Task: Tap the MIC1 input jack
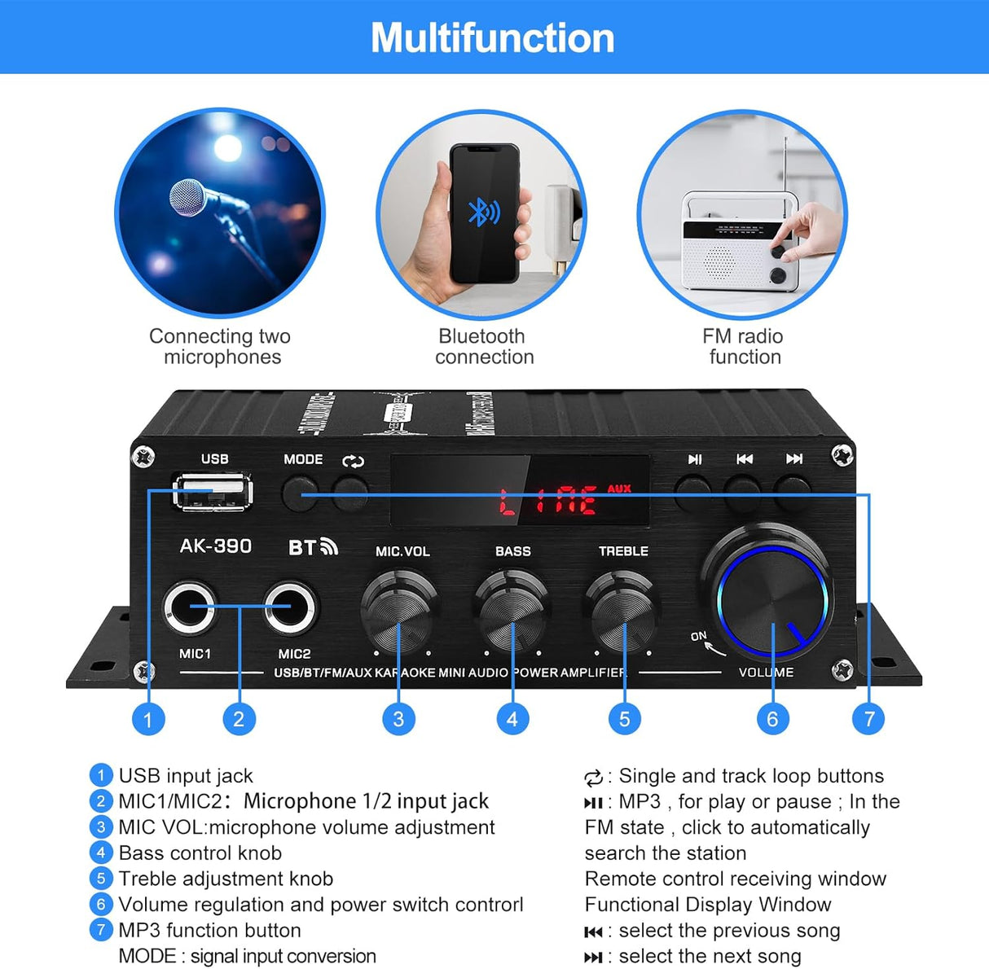(191, 607)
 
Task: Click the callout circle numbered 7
(868, 719)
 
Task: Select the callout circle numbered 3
(398, 719)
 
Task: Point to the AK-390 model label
(215, 546)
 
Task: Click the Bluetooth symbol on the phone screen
(484, 212)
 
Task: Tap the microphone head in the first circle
(188, 197)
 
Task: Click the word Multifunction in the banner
(493, 37)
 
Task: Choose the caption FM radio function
(743, 346)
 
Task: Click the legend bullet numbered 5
(100, 879)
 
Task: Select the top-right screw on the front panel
(842, 454)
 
